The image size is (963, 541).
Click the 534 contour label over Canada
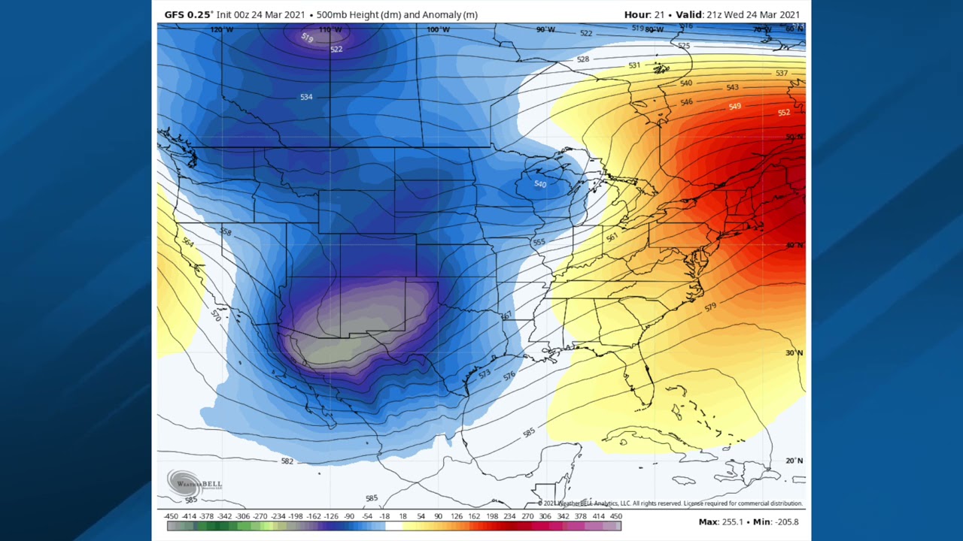coord(306,97)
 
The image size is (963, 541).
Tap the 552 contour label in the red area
coord(784,113)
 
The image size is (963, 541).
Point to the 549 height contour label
coord(735,107)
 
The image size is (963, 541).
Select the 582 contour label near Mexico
coord(287,461)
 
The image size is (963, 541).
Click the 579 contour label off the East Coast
coord(710,307)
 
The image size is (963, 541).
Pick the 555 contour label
coord(539,243)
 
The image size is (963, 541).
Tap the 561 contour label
coord(612,237)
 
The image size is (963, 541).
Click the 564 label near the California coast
coord(188,243)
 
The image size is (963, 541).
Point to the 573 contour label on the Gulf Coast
coord(485,373)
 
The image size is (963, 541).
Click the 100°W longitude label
coord(438,30)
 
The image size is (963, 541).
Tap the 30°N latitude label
coord(794,353)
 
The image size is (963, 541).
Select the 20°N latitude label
coord(794,461)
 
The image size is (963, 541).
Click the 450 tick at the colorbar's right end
coord(615,517)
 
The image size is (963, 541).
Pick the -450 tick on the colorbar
coord(171,517)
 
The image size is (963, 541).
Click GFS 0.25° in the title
coord(189,14)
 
